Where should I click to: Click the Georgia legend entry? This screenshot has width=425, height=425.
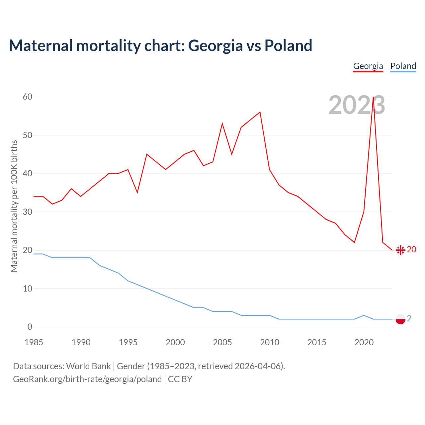[x=368, y=66]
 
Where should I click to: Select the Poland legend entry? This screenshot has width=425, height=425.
[x=403, y=66]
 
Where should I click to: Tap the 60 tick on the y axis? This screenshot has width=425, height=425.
[x=28, y=97]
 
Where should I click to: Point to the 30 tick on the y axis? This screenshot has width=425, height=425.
[x=28, y=212]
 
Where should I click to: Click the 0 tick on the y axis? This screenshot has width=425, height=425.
[x=30, y=327]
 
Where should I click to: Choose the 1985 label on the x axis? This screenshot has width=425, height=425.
[x=34, y=342]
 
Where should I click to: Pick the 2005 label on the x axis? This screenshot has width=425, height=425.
[x=222, y=342]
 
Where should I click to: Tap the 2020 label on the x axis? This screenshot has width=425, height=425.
[x=364, y=342]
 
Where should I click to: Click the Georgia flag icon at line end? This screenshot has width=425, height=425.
[x=400, y=250]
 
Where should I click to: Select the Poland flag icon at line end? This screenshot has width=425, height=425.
[x=400, y=319]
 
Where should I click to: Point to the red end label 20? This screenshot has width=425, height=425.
[x=411, y=249]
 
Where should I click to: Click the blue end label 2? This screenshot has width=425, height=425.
[x=409, y=318]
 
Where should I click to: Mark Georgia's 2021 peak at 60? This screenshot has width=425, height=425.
[x=374, y=97]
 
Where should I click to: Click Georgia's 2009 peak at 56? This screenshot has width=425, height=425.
[x=260, y=112]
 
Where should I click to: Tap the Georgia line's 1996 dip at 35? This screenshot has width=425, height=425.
[x=137, y=193]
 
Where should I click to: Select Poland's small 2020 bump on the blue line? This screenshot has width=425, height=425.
[x=364, y=315]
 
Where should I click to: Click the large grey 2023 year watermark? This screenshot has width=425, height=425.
[x=357, y=105]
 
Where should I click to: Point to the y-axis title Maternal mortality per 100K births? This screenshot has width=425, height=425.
[x=14, y=206]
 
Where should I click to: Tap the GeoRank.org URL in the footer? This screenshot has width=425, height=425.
[x=87, y=379]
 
